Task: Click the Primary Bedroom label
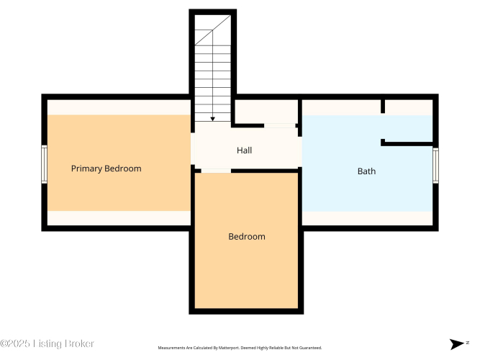[x=107, y=168]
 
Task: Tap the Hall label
[x=244, y=150]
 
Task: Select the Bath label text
[x=366, y=171]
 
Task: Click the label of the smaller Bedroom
[x=247, y=237]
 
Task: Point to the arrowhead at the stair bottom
[x=212, y=119]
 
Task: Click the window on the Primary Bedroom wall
[x=44, y=165]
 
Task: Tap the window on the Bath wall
[x=435, y=166]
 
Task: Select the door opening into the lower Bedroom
[x=216, y=171]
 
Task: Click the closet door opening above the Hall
[x=280, y=125]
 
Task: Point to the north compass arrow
[x=457, y=343]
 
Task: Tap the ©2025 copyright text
[x=15, y=343]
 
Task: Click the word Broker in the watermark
[x=80, y=343]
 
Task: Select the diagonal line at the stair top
[x=213, y=30]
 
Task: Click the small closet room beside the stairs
[x=266, y=112]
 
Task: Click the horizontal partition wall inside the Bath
[x=407, y=143]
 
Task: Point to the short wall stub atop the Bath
[x=383, y=107]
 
